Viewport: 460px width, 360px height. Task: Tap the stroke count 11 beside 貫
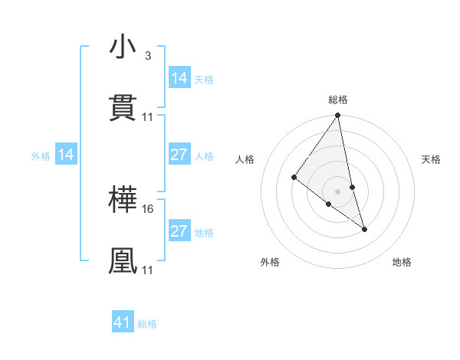click(148, 116)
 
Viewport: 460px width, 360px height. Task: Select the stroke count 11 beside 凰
click(148, 270)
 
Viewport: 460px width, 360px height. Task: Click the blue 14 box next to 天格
click(179, 78)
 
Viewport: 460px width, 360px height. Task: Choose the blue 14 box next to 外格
click(66, 155)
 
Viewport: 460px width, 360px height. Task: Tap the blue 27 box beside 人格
click(179, 155)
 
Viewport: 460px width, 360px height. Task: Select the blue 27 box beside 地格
click(179, 231)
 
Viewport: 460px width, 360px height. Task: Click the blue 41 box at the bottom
click(123, 322)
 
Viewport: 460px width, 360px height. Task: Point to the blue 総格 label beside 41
click(147, 324)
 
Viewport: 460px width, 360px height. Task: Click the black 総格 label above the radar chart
click(338, 100)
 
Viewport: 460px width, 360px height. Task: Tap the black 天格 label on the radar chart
click(432, 159)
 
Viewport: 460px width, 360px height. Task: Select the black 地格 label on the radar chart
click(402, 263)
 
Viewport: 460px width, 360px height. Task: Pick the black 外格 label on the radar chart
click(270, 263)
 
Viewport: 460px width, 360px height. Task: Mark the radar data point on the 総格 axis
click(338, 116)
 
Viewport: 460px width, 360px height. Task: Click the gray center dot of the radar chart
click(338, 191)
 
